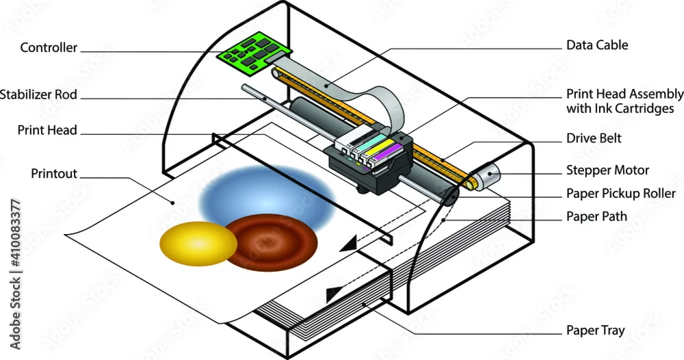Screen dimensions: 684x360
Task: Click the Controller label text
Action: tap(49, 47)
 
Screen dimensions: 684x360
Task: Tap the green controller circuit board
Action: tap(254, 53)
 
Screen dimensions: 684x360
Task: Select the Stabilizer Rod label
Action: tap(38, 94)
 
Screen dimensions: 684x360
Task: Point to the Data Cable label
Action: tap(596, 45)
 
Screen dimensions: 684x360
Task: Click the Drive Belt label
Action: tap(594, 138)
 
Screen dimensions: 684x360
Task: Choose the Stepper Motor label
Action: tap(607, 170)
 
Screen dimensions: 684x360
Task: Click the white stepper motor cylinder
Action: tap(486, 175)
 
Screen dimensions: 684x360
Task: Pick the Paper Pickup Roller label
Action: tap(621, 193)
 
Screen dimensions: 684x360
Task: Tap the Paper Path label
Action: tap(596, 216)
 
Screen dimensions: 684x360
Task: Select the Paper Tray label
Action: tap(596, 331)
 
